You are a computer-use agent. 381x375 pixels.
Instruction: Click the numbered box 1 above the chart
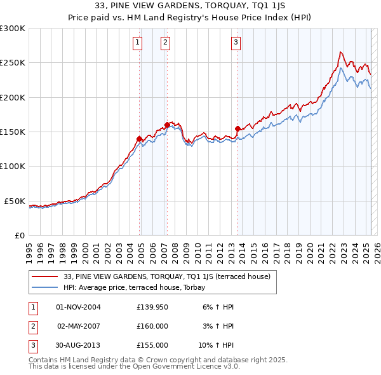pyautogui.click(x=137, y=43)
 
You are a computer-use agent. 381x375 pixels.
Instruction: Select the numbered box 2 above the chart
pyautogui.click(x=165, y=43)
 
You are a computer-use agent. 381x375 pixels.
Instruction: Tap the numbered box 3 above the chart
pyautogui.click(x=236, y=43)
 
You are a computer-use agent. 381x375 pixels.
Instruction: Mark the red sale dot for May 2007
pyautogui.click(x=167, y=125)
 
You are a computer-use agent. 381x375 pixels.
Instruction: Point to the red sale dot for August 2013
pyautogui.click(x=238, y=128)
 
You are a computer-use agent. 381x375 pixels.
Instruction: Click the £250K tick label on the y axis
pyautogui.click(x=13, y=63)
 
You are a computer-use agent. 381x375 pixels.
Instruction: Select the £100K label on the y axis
pyautogui.click(x=13, y=166)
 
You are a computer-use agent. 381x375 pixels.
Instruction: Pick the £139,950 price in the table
pyautogui.click(x=152, y=307)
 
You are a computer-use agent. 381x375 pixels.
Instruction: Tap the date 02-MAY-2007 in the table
pyautogui.click(x=79, y=326)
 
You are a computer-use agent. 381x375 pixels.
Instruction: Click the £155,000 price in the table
pyautogui.click(x=152, y=345)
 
